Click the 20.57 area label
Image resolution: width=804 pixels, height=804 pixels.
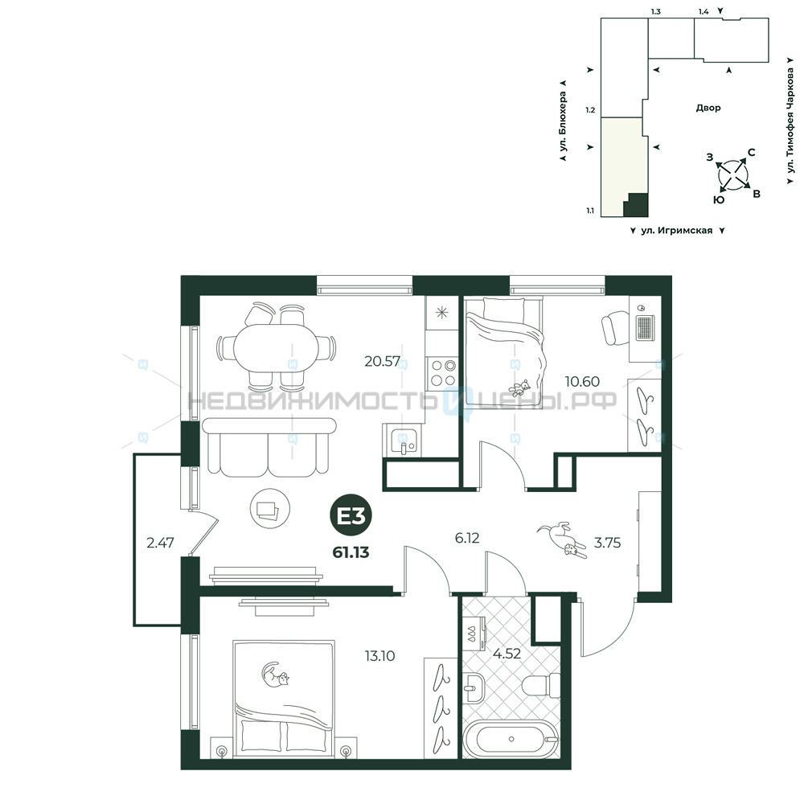(x=382, y=361)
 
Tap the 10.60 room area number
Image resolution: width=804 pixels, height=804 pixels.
(x=582, y=381)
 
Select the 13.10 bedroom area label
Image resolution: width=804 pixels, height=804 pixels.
(x=379, y=656)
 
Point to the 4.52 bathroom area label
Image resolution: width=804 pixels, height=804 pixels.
(x=507, y=653)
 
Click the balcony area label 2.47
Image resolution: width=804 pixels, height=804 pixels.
(x=160, y=543)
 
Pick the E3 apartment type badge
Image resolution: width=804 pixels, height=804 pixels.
(x=351, y=516)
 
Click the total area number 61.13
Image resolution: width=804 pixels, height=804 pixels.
(x=351, y=552)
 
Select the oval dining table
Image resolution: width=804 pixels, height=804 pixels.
(x=276, y=347)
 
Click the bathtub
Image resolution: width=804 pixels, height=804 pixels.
(x=511, y=739)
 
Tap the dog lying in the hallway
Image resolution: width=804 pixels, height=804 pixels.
(x=562, y=539)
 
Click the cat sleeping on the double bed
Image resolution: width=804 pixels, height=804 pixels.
(x=274, y=675)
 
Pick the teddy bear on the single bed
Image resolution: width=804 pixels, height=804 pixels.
(x=520, y=388)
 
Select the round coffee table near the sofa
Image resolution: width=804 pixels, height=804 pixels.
(x=269, y=508)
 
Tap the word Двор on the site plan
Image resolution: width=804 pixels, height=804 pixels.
(x=708, y=108)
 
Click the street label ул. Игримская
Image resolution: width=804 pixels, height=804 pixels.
(x=677, y=231)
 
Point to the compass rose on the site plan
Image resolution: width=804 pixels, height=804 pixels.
(x=733, y=174)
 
